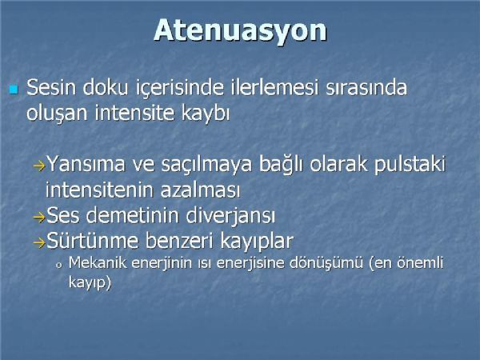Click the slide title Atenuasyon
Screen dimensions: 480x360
pos(240,30)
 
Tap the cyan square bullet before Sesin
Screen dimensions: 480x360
pos(14,90)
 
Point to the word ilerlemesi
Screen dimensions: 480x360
pos(273,87)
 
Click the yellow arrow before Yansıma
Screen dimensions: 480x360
pos(39,166)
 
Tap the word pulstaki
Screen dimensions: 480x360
pos(410,165)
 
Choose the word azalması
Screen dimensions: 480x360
pos(200,190)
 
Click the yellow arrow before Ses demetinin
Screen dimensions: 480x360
pos(39,218)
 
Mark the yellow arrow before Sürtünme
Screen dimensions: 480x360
pos(39,243)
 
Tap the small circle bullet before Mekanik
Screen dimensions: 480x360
pos(59,265)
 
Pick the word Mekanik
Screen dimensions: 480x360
pos(98,263)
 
